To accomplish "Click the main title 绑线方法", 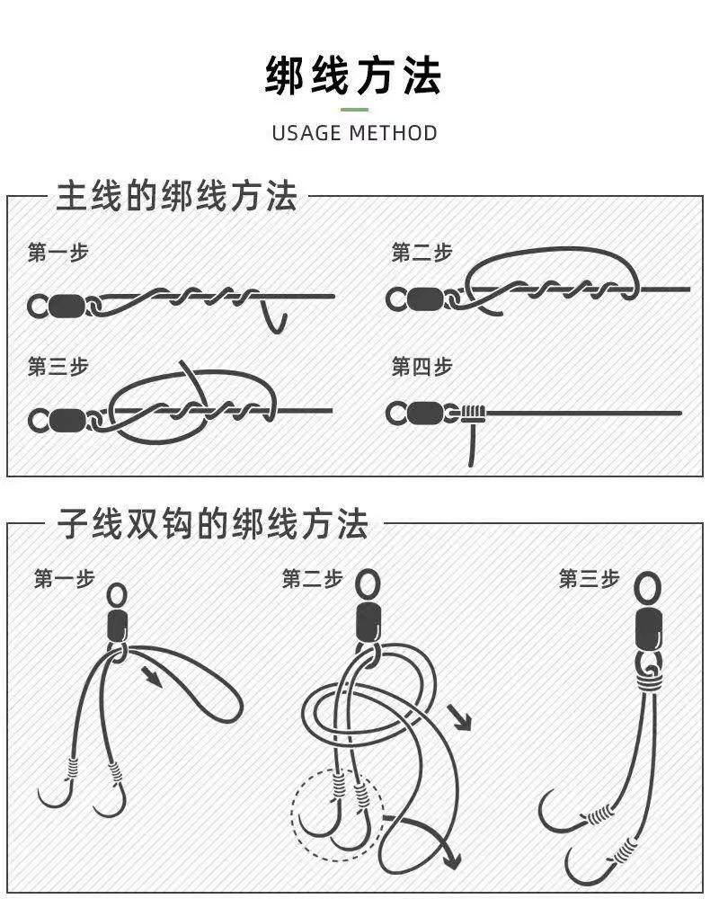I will pyautogui.click(x=354, y=76).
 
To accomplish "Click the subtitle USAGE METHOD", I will pyautogui.click(x=354, y=133).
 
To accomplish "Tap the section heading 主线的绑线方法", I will pyautogui.click(x=176, y=196).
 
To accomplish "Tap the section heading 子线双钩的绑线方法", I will pyautogui.click(x=213, y=523).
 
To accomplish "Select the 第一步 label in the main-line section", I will pyautogui.click(x=58, y=253).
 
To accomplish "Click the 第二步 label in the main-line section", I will pyautogui.click(x=422, y=253).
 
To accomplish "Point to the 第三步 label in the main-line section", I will pyautogui.click(x=58, y=367).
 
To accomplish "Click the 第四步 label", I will pyautogui.click(x=422, y=367).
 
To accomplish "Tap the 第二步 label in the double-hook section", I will pyautogui.click(x=312, y=578).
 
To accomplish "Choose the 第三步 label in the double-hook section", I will pyautogui.click(x=589, y=578).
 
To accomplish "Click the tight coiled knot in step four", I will pyautogui.click(x=474, y=414).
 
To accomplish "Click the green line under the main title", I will pyautogui.click(x=354, y=109).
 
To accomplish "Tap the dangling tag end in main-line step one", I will pyautogui.click(x=275, y=319).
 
